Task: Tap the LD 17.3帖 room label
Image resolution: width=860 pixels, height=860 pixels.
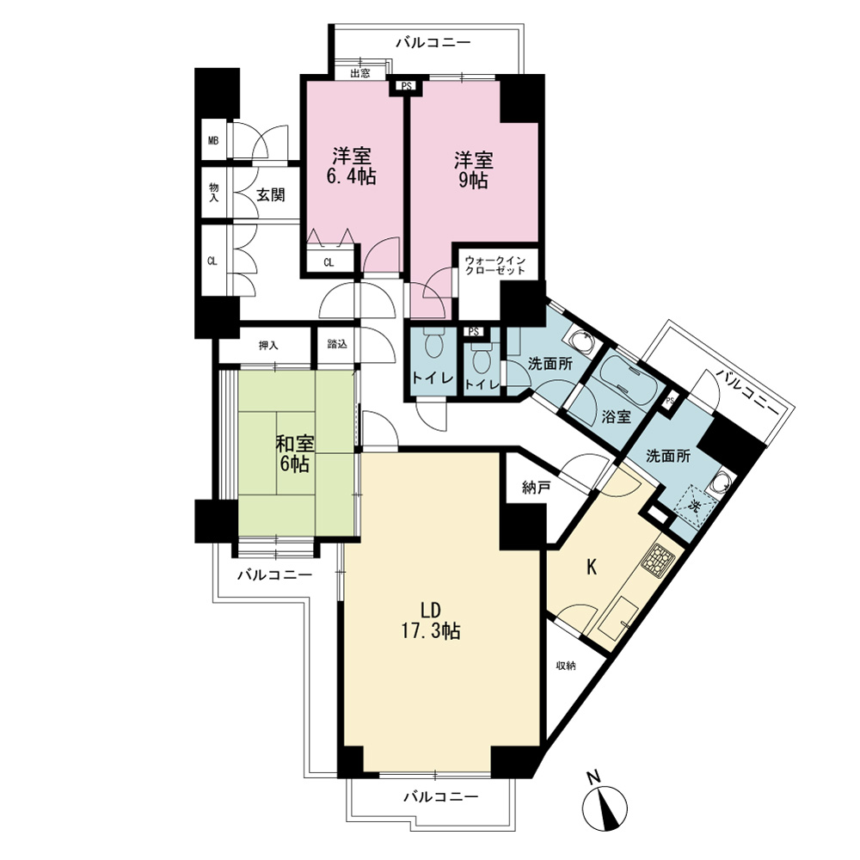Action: point(431,620)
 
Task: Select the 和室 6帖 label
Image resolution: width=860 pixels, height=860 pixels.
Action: point(295,453)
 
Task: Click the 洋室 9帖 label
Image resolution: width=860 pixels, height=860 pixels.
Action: point(473,170)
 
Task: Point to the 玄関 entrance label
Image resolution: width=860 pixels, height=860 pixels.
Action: point(271,194)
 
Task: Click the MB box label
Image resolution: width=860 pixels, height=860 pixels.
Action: point(212,140)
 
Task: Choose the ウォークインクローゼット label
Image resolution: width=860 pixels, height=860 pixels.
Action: point(494,265)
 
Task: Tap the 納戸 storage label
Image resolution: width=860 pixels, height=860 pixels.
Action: point(536,488)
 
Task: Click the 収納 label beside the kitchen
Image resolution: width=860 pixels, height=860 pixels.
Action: point(567,666)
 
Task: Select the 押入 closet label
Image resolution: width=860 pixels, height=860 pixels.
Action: point(268,346)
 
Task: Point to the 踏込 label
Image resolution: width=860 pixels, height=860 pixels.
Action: point(337,344)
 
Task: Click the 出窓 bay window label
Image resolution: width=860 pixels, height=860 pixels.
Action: point(359,73)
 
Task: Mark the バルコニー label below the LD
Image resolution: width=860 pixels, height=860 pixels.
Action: point(441,796)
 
